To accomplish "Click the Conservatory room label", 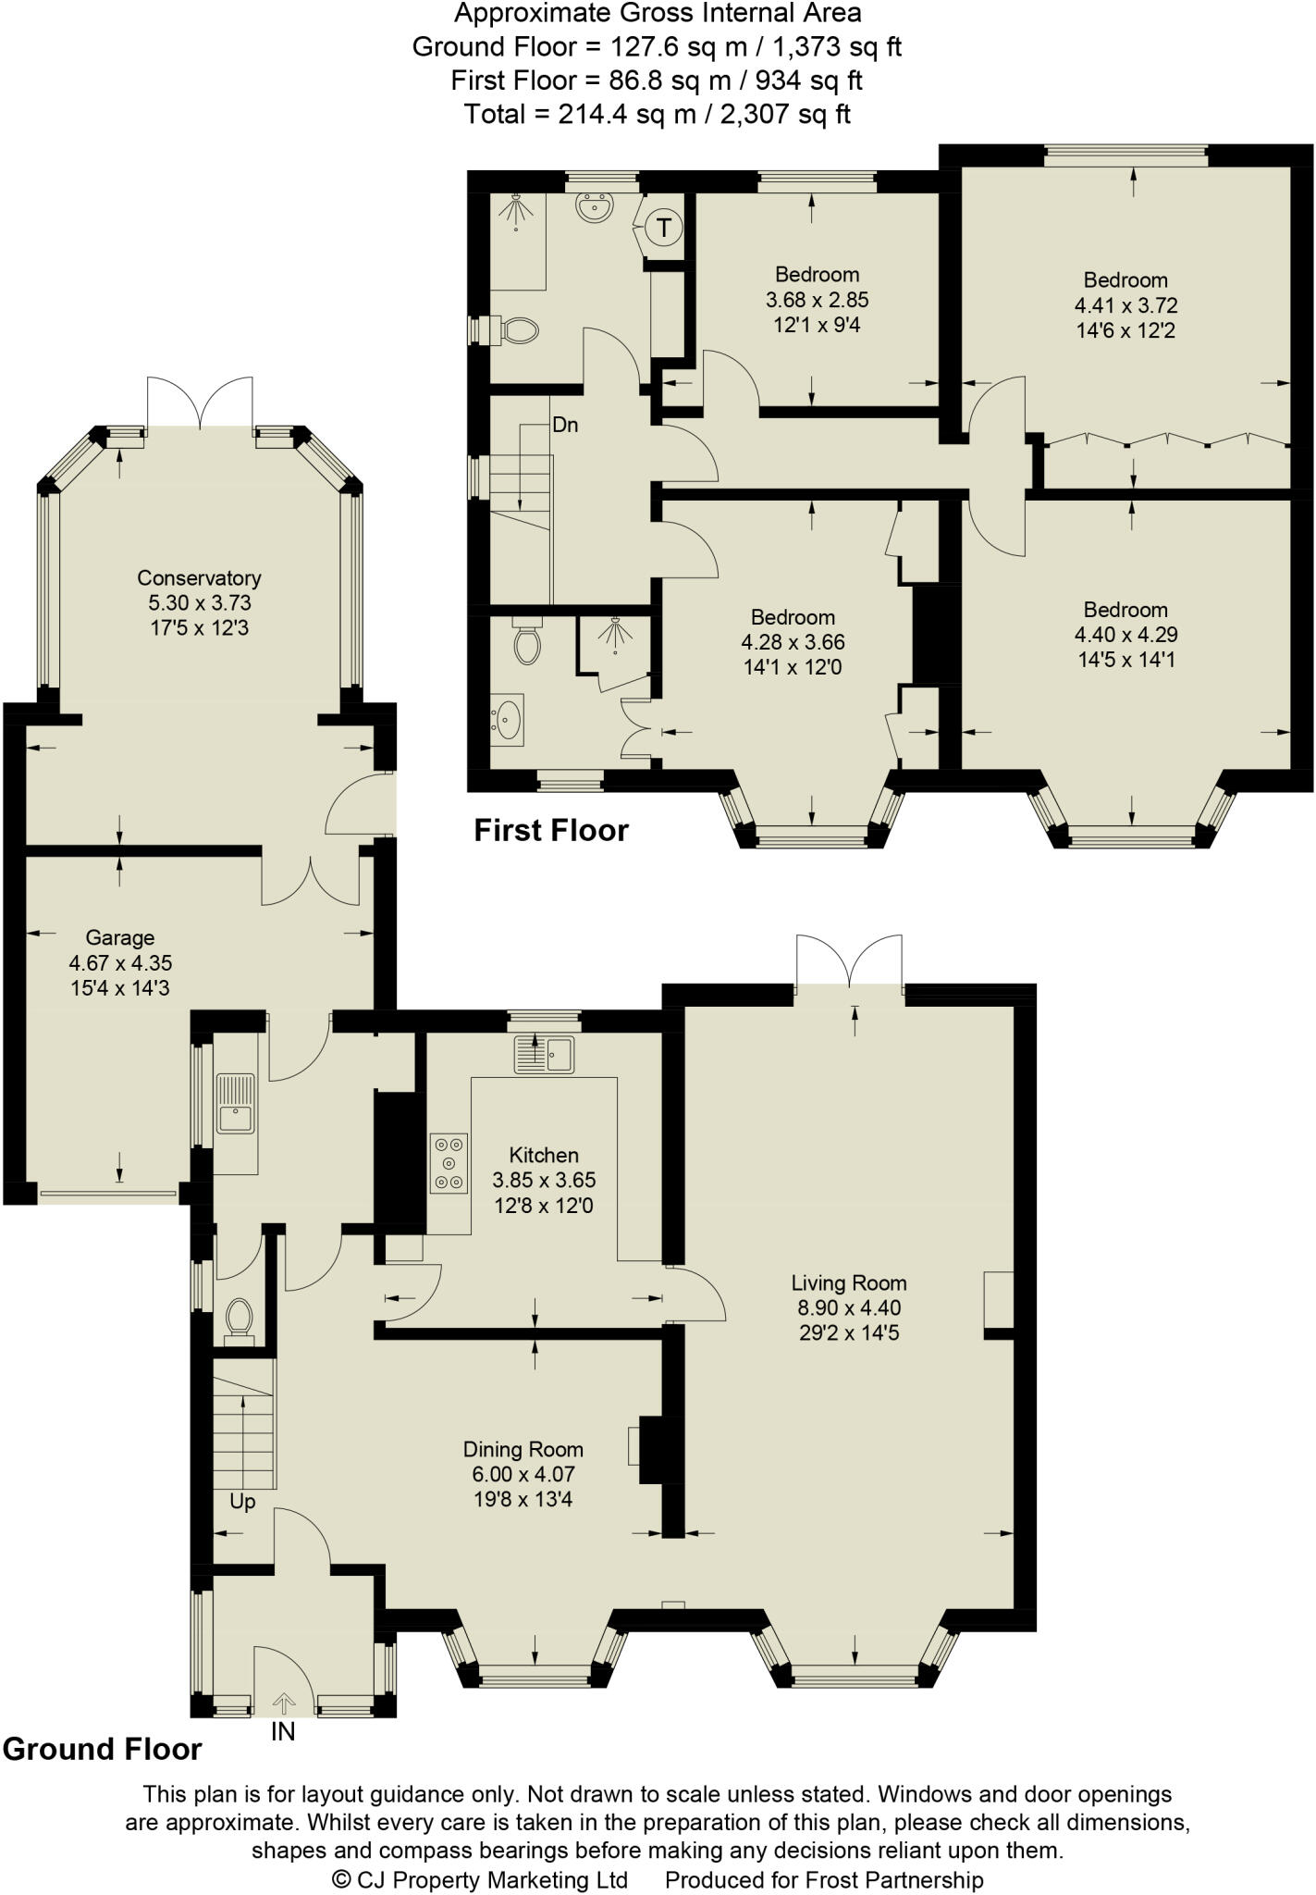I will click(x=199, y=578).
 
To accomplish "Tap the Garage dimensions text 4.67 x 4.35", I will click(x=120, y=963).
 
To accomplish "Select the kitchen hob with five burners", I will click(x=449, y=1163).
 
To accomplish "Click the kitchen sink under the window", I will click(x=546, y=1054).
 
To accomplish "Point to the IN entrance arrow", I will click(x=283, y=1702).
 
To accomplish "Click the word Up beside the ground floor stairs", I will click(x=242, y=1502).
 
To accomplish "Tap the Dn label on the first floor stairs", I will click(x=565, y=425).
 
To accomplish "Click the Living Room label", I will click(x=848, y=1283).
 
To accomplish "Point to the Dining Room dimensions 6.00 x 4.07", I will click(x=523, y=1475).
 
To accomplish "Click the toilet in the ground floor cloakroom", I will click(x=239, y=1318).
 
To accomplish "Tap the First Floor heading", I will click(x=551, y=831).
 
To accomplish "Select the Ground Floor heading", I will click(x=102, y=1750).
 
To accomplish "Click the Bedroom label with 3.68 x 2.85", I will click(x=817, y=275).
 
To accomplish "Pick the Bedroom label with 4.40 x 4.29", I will click(x=1125, y=610).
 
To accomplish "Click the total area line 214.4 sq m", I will click(x=657, y=115).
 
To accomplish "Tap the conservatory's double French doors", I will click(x=200, y=403).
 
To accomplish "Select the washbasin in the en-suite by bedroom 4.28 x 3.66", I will click(x=507, y=718).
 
